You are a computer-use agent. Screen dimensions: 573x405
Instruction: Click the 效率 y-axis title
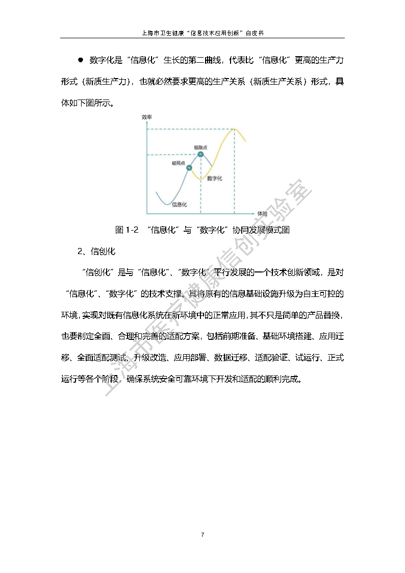point(147,117)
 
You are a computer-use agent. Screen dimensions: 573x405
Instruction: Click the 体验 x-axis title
point(262,213)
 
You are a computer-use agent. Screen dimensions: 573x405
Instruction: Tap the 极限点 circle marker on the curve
point(200,154)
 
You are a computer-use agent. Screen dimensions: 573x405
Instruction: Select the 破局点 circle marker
point(190,167)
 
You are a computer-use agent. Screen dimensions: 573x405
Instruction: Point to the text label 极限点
point(200,147)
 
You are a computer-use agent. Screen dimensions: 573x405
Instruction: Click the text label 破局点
point(178,163)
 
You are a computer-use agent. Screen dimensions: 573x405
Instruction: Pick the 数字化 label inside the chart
point(215,179)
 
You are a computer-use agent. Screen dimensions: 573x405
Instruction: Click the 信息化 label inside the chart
point(179,204)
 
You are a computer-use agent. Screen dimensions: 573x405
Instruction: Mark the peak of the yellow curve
point(234,130)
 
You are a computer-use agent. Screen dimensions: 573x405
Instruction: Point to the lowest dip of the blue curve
point(167,204)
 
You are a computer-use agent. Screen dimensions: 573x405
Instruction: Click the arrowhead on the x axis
point(254,213)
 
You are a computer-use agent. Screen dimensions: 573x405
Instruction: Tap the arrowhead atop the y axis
point(147,122)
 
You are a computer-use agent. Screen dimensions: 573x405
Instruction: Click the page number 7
point(202,535)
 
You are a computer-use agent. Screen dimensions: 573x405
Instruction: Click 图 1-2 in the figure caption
point(127,230)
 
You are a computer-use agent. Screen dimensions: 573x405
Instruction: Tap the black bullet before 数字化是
point(80,60)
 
